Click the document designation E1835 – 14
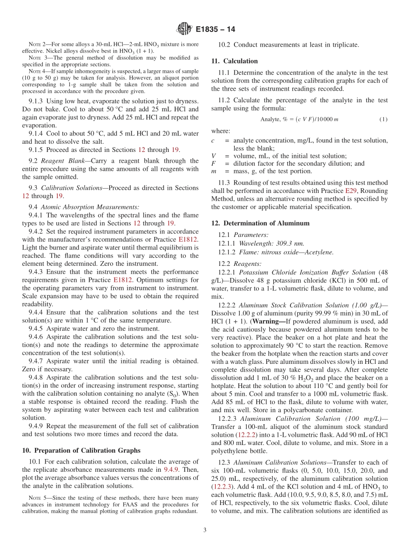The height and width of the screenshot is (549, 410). tap(215, 29)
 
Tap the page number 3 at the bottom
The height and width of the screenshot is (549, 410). tap(205, 530)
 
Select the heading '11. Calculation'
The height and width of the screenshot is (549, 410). tap(234, 61)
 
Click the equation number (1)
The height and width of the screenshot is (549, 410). tap(383, 120)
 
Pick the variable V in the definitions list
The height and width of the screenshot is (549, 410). tap(214, 156)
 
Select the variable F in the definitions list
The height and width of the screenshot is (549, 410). tap(213, 164)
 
